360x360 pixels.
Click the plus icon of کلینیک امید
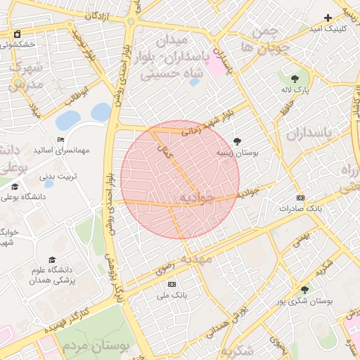328,18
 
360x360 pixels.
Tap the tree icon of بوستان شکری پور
304,290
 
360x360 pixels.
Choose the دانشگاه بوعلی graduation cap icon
15,186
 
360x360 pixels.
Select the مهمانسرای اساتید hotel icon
60,139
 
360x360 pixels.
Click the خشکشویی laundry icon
17,34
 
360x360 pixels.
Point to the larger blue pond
68,120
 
